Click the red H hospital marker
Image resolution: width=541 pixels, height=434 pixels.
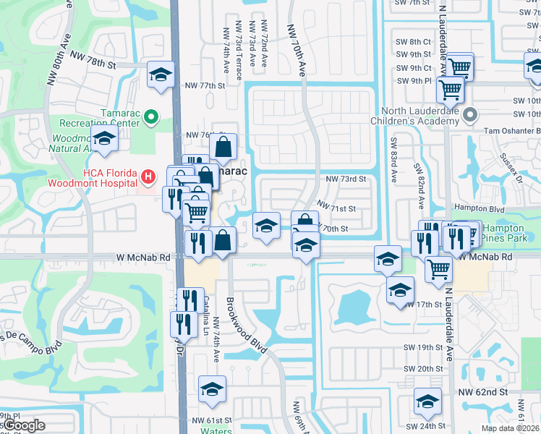[148, 176]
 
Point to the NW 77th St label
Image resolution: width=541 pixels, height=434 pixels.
[203, 85]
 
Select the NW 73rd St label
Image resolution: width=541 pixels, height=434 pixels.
[346, 179]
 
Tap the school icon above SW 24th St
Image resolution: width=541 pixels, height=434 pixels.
[427, 401]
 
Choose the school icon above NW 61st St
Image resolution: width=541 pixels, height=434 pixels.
[212, 389]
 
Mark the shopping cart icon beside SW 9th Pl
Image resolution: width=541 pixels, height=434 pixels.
[450, 90]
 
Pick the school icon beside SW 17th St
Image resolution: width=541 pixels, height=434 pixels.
[399, 289]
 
